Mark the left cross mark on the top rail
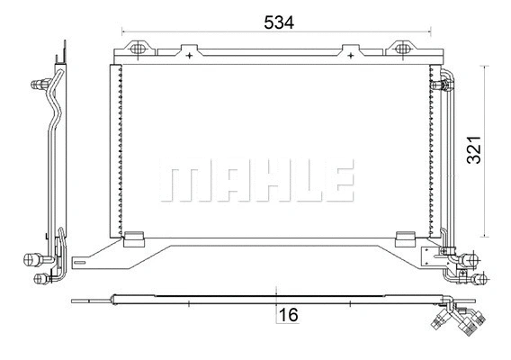[192, 55]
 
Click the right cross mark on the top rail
[350, 55]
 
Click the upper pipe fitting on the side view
[40, 84]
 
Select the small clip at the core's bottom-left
[132, 240]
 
